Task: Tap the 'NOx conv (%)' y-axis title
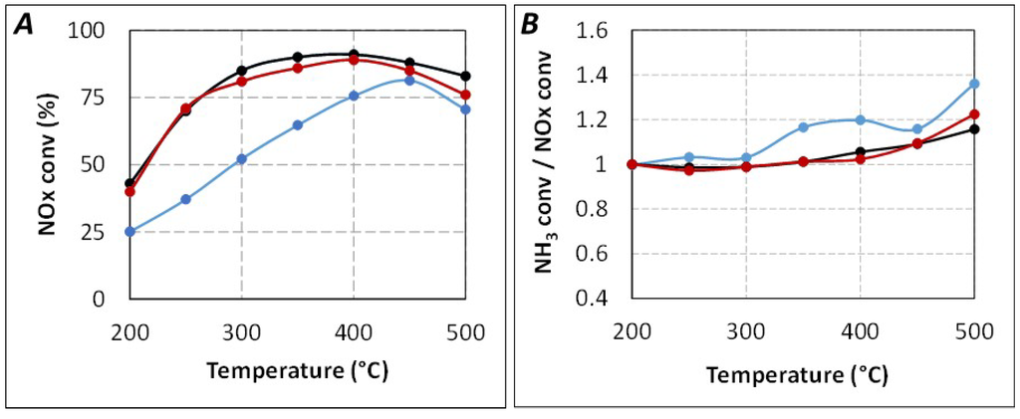pos(46,164)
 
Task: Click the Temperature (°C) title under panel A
pos(298,371)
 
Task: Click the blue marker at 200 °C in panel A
pos(129,231)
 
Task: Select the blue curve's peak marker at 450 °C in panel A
pos(409,80)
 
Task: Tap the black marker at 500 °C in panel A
pos(465,76)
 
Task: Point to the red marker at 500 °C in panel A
pos(465,95)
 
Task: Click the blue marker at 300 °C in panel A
pos(242,159)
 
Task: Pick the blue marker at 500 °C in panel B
pos(973,84)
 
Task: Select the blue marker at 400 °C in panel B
pos(860,119)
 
